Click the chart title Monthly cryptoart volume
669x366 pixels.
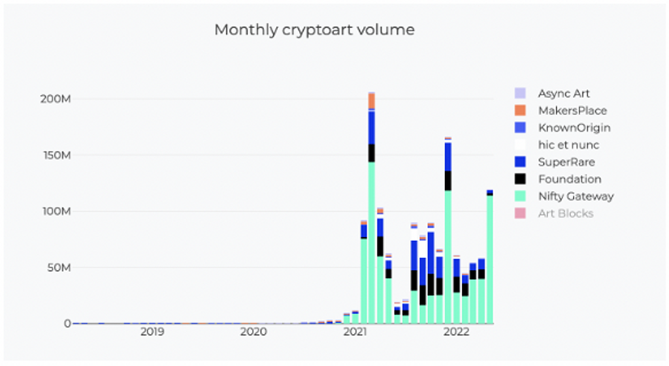coord(314,30)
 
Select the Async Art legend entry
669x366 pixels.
coord(564,94)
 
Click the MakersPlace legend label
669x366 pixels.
coord(572,111)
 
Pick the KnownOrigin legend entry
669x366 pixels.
coord(574,128)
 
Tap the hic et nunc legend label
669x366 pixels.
coord(568,145)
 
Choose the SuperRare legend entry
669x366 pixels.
coord(566,162)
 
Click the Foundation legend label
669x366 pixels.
coord(570,179)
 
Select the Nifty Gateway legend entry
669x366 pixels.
coord(576,196)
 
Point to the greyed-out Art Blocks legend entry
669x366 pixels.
coord(566,213)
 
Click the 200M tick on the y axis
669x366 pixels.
coord(55,99)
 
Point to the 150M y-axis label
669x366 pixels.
coord(55,155)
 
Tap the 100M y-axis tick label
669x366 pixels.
coord(55,211)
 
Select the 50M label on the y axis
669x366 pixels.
coord(57,267)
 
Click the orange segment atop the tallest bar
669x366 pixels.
coord(371,102)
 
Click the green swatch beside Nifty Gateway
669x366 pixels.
coord(520,196)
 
